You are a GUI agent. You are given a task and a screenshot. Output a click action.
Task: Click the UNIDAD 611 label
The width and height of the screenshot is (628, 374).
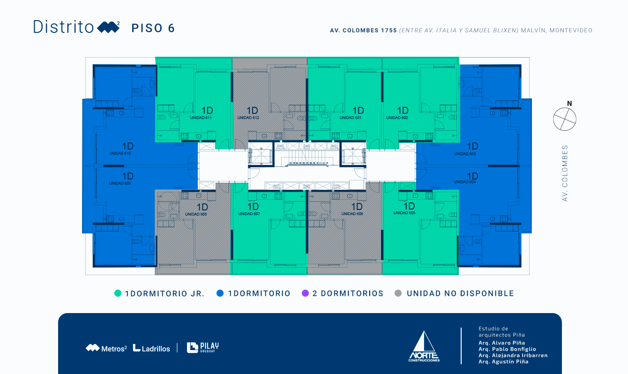coord(201,118)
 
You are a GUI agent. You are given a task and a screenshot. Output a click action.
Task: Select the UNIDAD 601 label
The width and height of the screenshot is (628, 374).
coord(351,118)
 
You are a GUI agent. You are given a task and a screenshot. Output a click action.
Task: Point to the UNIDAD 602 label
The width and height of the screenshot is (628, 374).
coord(397,118)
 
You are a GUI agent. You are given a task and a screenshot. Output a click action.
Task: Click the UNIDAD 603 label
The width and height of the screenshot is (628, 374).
coord(465,154)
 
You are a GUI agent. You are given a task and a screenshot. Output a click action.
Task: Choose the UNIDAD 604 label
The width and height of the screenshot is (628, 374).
coord(465,182)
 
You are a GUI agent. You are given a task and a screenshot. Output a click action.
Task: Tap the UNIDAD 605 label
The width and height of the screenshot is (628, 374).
coord(404,213)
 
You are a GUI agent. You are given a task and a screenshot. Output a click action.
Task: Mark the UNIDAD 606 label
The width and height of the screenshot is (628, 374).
coord(352,214)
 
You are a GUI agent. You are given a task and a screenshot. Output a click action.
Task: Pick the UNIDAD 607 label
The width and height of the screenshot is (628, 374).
coord(249,214)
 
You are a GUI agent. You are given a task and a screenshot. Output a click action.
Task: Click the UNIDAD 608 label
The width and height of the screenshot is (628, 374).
coord(196,214)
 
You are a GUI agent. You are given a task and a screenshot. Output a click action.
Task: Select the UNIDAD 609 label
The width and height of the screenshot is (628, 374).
coord(120,183)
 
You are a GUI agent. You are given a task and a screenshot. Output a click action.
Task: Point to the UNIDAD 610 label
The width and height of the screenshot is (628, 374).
coord(120,153)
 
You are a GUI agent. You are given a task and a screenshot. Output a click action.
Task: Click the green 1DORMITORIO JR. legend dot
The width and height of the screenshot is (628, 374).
coord(118,293)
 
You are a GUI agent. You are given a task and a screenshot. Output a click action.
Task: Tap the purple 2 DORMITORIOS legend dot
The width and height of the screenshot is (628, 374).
coord(306,293)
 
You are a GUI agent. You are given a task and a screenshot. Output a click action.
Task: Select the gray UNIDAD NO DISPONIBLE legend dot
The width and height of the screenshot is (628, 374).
coord(398,293)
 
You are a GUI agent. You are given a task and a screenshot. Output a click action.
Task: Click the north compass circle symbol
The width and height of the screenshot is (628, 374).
coord(565,119)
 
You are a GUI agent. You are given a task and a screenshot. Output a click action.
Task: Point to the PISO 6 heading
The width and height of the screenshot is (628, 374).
coord(153,28)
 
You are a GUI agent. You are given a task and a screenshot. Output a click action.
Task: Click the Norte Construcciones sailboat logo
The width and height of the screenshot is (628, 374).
coord(424,346)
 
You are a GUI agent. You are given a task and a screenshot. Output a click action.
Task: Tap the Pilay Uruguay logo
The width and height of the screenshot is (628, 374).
coord(202,347)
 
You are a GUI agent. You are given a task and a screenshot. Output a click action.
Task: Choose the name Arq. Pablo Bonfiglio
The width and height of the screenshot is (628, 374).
coord(507,349)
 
